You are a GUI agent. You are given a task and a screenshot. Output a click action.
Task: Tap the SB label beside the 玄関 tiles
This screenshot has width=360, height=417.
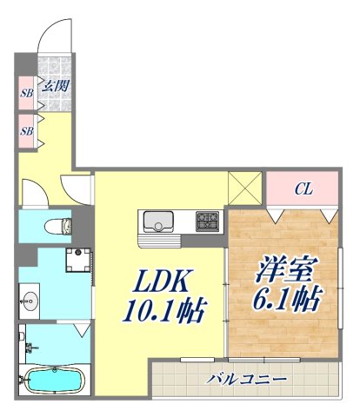click(x=26, y=90)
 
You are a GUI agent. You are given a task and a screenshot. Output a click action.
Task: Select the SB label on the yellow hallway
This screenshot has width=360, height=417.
click(x=26, y=130)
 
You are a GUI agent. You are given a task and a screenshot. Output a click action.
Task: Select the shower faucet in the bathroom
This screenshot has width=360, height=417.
click(x=33, y=349)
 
